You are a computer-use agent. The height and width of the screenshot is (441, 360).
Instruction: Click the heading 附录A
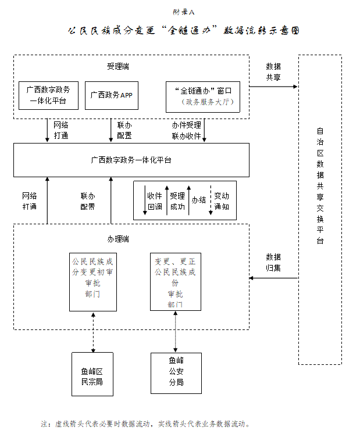click(x=180, y=12)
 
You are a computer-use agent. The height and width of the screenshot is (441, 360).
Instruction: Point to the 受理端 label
click(x=118, y=66)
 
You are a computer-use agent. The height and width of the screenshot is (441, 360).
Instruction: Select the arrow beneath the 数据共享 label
click(x=273, y=87)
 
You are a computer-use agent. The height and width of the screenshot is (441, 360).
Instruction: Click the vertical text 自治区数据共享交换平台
click(x=320, y=185)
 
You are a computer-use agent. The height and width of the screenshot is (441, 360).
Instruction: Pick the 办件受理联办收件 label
click(x=186, y=131)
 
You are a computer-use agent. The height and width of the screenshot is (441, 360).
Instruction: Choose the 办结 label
click(x=199, y=200)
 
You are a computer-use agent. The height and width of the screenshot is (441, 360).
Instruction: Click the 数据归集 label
click(x=273, y=262)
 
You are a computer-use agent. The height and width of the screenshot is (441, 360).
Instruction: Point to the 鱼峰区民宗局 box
click(x=93, y=374)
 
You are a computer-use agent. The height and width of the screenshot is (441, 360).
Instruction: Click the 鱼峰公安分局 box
click(x=176, y=372)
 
